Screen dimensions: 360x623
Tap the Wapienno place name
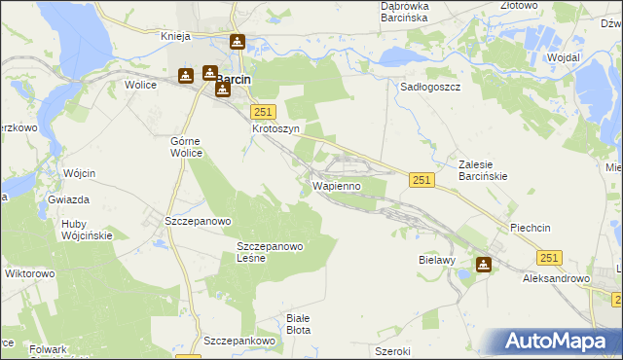click(338, 185)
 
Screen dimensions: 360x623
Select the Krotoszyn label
click(275, 128)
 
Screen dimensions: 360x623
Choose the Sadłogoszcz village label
click(430, 87)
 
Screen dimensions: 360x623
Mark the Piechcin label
click(531, 228)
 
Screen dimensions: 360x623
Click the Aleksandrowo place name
click(557, 278)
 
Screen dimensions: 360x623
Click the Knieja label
click(180, 36)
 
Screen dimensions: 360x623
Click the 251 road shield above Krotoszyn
click(264, 112)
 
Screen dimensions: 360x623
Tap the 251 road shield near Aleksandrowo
click(550, 257)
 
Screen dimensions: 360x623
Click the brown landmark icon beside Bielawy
click(484, 264)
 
